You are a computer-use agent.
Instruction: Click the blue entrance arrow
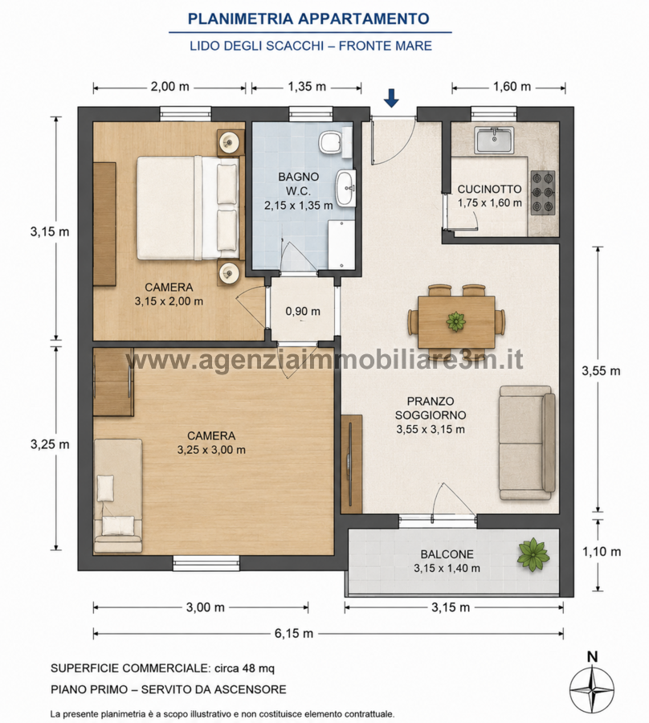click(391, 98)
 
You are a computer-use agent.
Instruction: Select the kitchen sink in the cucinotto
click(495, 140)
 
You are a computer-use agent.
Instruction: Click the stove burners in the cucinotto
click(543, 193)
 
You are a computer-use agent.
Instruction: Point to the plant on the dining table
click(456, 321)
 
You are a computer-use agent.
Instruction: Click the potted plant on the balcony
click(533, 554)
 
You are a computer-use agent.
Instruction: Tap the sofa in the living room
click(527, 443)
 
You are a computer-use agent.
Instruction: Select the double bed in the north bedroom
click(189, 208)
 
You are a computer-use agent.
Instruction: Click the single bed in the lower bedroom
click(118, 496)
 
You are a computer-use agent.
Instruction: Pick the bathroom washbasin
click(345, 188)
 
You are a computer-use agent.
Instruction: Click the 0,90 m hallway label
click(303, 311)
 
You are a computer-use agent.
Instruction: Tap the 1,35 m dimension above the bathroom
click(307, 87)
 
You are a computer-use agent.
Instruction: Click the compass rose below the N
click(592, 688)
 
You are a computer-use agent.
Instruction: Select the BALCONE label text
click(447, 553)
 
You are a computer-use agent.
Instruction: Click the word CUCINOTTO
click(489, 189)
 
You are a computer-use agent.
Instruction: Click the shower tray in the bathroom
click(341, 245)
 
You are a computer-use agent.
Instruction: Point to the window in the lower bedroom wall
click(206, 563)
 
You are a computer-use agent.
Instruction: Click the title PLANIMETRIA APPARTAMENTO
click(308, 19)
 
